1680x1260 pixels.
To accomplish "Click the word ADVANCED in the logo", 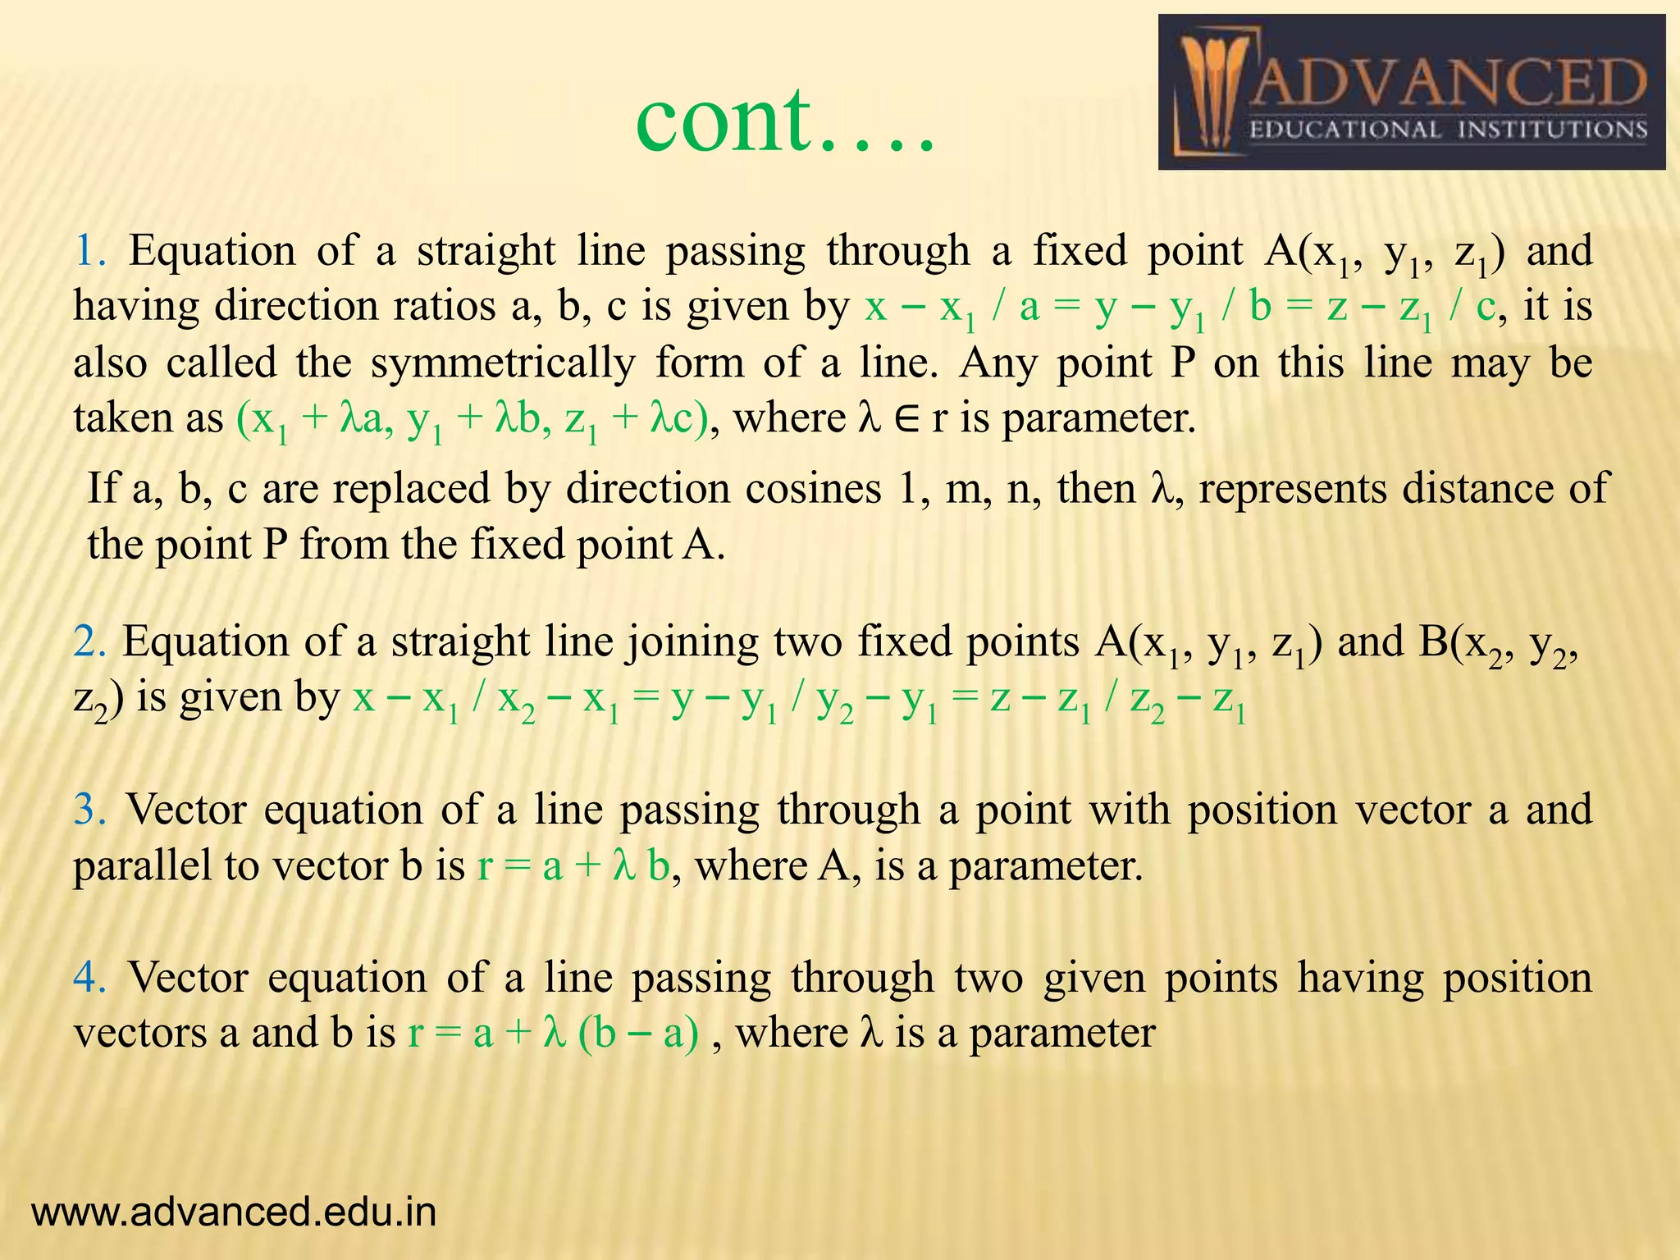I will click(1449, 84).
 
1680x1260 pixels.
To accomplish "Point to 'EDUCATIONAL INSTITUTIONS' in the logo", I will click(1448, 130).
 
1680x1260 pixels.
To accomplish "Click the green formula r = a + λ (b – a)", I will click(554, 1034).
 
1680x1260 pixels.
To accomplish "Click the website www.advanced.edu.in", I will click(234, 1212).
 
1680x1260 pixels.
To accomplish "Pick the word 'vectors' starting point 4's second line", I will click(140, 1034).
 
